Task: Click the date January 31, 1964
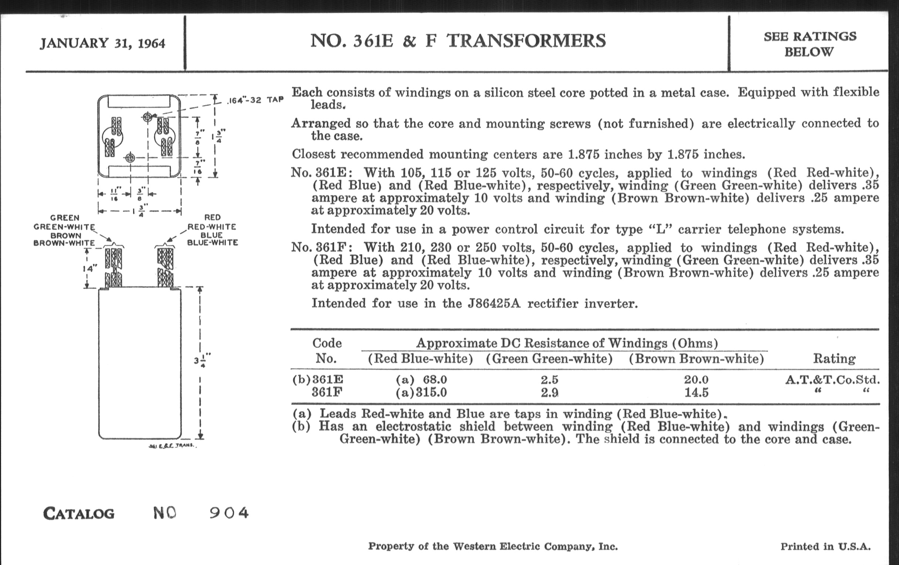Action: pos(102,43)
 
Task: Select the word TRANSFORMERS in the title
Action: pos(526,41)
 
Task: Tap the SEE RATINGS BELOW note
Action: pos(810,44)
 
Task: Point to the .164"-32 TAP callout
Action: pos(256,100)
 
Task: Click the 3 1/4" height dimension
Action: pos(202,361)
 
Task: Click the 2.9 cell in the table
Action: pos(550,392)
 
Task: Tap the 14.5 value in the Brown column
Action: pos(696,392)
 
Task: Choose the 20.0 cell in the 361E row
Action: pos(696,380)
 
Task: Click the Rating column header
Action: pos(834,359)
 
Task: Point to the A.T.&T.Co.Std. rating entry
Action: pos(832,380)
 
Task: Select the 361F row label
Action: pos(327,392)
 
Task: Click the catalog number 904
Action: pos(229,513)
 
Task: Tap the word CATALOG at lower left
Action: pos(79,514)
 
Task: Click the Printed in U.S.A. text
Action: pos(825,547)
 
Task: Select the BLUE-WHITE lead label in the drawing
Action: pos(213,243)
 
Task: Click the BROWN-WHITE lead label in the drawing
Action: pos(64,243)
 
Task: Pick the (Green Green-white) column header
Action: pos(549,359)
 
